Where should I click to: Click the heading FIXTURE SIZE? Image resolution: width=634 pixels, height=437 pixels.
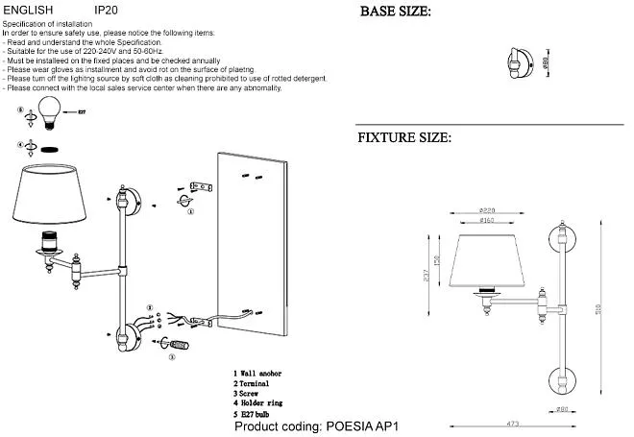404,137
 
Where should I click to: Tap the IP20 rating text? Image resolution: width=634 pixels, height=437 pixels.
107,8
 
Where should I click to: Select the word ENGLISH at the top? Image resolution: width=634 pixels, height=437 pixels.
29,8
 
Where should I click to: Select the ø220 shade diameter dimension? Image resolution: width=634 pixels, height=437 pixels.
488,210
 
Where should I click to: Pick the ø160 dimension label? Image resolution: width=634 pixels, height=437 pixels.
488,221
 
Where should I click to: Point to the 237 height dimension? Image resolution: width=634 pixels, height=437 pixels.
426,274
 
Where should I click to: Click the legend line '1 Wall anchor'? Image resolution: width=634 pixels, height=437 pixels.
257,373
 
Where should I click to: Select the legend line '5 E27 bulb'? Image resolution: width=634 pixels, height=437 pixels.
255,414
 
